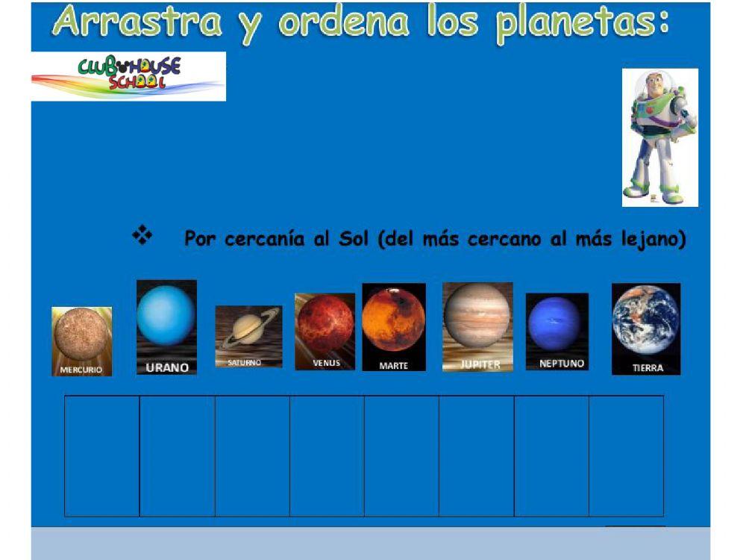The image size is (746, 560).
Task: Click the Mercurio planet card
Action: [x=81, y=340]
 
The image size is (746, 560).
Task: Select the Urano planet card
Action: [x=166, y=326]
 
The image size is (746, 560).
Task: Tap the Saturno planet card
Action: [x=248, y=336]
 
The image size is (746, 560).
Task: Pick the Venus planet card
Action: [x=325, y=331]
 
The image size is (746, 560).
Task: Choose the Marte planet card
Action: [x=394, y=326]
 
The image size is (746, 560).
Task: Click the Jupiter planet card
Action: [x=477, y=326]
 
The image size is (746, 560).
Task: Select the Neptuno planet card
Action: [x=557, y=331]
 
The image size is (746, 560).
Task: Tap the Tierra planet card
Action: [x=646, y=329]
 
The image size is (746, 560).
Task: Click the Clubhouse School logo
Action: [x=128, y=76]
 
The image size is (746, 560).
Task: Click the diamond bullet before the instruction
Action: [x=142, y=237]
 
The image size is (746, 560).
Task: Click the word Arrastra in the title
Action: [x=139, y=22]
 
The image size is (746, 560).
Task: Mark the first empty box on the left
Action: [x=102, y=455]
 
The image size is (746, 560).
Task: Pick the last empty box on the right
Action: [x=626, y=455]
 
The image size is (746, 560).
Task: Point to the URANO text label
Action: [x=166, y=367]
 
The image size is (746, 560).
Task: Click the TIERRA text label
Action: [x=647, y=367]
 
